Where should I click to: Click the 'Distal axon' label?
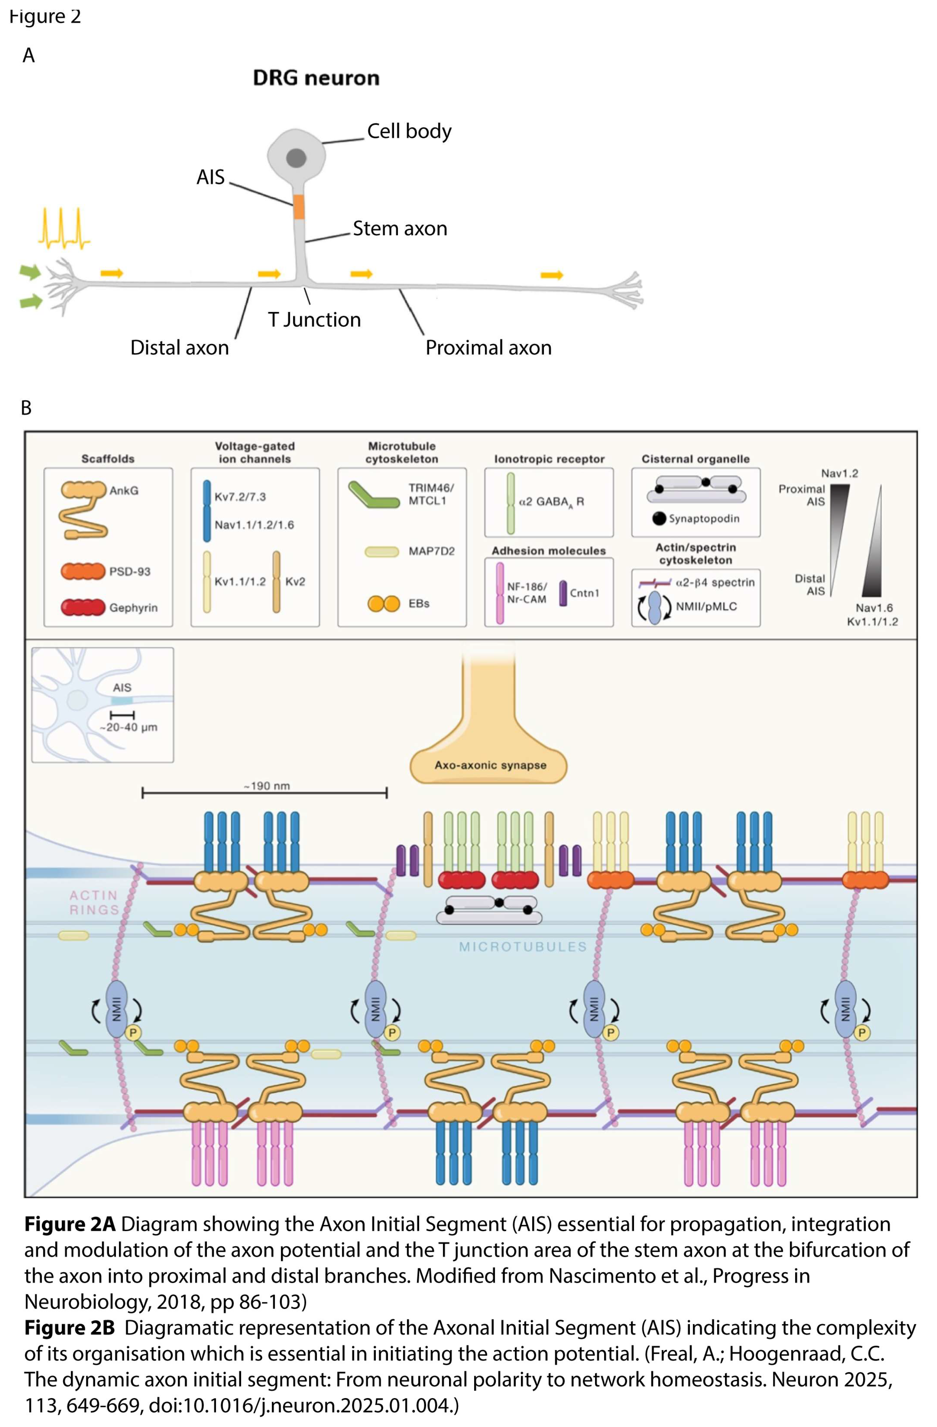pos(179,348)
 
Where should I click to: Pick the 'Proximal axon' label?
pos(488,348)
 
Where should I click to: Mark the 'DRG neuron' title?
pos(316,78)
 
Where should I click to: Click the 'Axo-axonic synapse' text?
pos(490,765)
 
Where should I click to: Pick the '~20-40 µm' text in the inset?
pos(128,727)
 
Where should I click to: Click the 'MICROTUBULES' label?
pos(523,947)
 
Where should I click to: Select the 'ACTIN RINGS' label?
pos(94,902)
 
